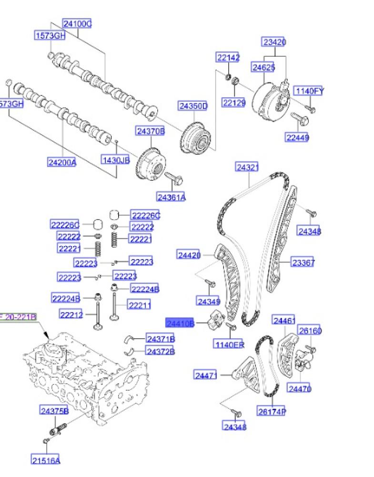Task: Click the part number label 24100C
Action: coord(77,23)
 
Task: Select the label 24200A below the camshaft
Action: coord(62,162)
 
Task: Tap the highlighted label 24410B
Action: coord(180,323)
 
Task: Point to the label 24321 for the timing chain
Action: coord(248,167)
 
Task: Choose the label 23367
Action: coord(303,262)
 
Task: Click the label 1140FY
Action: coord(309,91)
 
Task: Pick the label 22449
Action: coord(297,138)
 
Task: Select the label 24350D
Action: coord(193,105)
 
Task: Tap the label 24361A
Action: coord(172,197)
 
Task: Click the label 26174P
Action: coord(272,411)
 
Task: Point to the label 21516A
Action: coord(46,460)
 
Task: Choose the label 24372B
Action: coord(161,352)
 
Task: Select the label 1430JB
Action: coord(115,160)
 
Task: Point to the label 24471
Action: coord(206,375)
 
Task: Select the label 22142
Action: coord(228,58)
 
